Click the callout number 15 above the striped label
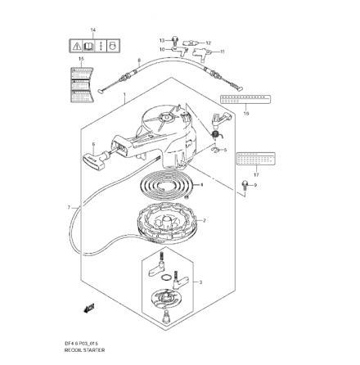pyautogui.click(x=80, y=59)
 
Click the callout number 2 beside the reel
pyautogui.click(x=205, y=221)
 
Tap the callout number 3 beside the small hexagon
pyautogui.click(x=201, y=281)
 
